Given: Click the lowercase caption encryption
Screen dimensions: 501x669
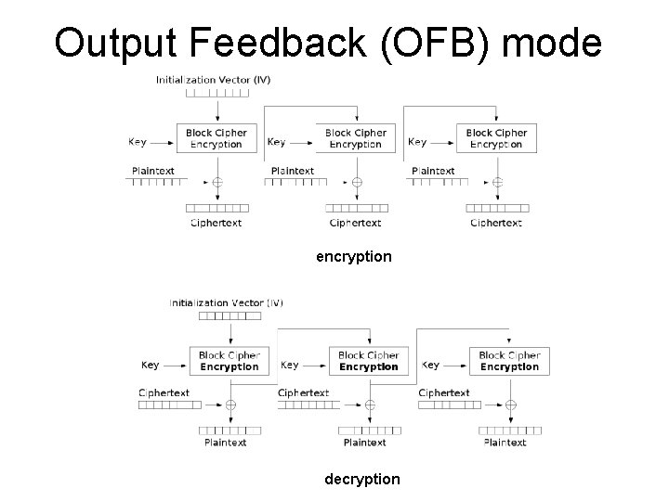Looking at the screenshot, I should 354,255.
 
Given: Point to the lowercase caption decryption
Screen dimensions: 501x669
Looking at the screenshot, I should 362,479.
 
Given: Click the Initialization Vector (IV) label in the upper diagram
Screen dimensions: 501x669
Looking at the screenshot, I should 214,80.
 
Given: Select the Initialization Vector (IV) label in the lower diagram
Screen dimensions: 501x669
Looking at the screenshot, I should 227,302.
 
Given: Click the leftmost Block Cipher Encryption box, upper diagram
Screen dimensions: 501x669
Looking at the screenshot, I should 216,138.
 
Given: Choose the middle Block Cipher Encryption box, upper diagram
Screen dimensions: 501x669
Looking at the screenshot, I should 355,138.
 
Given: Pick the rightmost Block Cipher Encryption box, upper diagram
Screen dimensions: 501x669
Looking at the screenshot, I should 495,138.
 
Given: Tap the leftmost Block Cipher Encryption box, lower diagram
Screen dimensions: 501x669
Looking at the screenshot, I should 229,361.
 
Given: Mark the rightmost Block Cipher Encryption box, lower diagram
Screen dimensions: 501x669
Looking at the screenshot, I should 509,361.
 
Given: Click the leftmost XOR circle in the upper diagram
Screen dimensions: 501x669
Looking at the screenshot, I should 216,182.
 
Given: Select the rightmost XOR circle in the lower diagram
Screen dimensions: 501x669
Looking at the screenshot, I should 509,405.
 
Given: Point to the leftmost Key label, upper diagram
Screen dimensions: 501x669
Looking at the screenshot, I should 138,142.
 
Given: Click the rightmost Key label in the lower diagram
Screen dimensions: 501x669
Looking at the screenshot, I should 430,365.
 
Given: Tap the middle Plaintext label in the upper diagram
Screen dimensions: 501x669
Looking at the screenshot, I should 293,171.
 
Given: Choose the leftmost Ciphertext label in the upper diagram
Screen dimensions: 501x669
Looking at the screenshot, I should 216,223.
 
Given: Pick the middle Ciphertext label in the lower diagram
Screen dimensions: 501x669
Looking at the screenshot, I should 304,393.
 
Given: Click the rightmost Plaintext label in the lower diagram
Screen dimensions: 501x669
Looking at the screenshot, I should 505,443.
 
